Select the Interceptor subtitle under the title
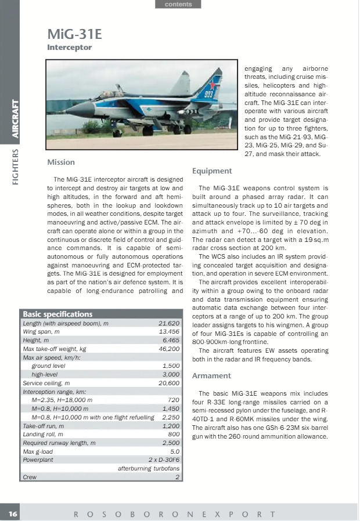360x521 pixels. point(69,48)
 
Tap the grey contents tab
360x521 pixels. point(178,4)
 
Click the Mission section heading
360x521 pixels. point(61,162)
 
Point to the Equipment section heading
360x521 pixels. point(212,171)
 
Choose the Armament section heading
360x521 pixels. point(211,376)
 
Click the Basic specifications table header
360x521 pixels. point(57,314)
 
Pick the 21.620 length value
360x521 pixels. point(169,323)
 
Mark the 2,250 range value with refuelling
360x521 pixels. point(169,418)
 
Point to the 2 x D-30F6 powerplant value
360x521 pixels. point(164,460)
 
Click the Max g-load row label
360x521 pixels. point(39,451)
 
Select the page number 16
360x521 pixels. point(13,514)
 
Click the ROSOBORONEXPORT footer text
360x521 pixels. point(174,514)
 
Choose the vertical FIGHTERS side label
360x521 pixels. point(16,168)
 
